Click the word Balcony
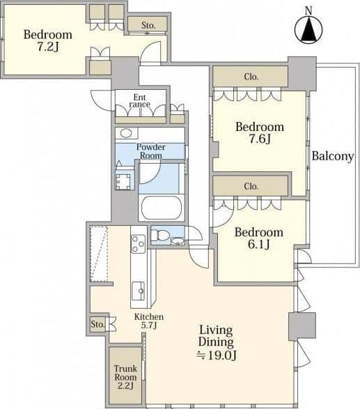click(x=333, y=156)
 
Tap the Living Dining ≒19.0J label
click(x=216, y=343)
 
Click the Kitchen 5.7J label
click(x=149, y=321)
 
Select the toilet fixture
click(x=160, y=236)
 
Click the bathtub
click(x=162, y=208)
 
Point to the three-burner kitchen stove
click(x=138, y=244)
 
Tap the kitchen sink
click(x=138, y=291)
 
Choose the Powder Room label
click(x=150, y=151)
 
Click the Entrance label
click(x=140, y=101)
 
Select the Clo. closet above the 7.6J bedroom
click(x=251, y=77)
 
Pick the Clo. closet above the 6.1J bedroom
click(x=251, y=186)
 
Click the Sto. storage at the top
click(x=148, y=25)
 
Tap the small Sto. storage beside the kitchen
click(x=97, y=324)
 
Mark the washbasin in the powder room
click(x=126, y=133)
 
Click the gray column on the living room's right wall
click(x=302, y=326)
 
